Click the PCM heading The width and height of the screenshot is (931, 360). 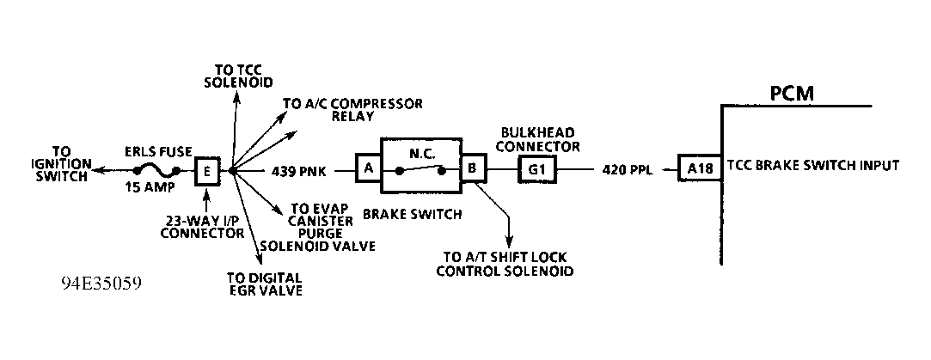(x=792, y=92)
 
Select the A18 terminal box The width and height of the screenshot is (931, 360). (x=700, y=168)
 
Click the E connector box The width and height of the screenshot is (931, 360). (x=207, y=171)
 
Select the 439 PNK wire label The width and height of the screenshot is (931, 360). (x=299, y=171)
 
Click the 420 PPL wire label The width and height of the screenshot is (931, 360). (x=629, y=170)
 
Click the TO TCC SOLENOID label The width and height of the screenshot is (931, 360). (x=237, y=76)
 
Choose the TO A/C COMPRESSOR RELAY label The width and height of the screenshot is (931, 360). (x=352, y=111)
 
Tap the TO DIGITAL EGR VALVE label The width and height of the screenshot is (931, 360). (x=263, y=284)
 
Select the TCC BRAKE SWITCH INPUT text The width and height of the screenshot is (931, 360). (x=812, y=165)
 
